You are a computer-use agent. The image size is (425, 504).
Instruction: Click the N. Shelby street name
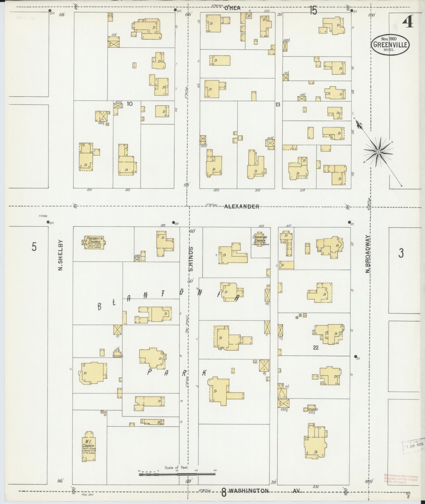coord(60,255)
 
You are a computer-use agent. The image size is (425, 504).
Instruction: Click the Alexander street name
coord(242,207)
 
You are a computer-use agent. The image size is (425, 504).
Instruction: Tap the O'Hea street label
coord(232,8)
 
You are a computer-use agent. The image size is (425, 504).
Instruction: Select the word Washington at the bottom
coord(248,491)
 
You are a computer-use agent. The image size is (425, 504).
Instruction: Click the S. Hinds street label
coord(191,259)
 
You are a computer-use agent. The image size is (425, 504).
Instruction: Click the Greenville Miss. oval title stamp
coord(390,45)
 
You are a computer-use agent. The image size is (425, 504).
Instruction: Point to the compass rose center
coord(378,152)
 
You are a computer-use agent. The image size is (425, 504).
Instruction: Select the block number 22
coord(316,348)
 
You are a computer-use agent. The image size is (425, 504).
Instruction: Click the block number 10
coord(129,104)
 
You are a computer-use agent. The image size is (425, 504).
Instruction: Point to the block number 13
coord(277,105)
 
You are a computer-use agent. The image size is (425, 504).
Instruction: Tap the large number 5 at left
coord(34,247)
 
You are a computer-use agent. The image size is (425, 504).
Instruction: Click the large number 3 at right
coord(401,253)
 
